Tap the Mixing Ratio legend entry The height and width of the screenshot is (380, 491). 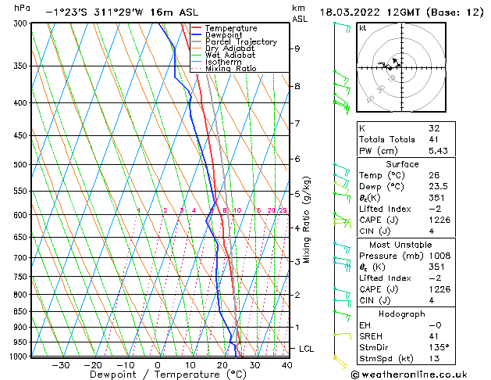[x=230, y=68]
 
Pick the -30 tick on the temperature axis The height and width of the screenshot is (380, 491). [x=60, y=364]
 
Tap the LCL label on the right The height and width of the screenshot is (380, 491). [x=307, y=349]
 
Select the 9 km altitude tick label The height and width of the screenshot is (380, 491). [x=297, y=48]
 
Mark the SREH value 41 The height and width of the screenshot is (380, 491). [x=434, y=336]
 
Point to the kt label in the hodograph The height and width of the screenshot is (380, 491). [x=362, y=27]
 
